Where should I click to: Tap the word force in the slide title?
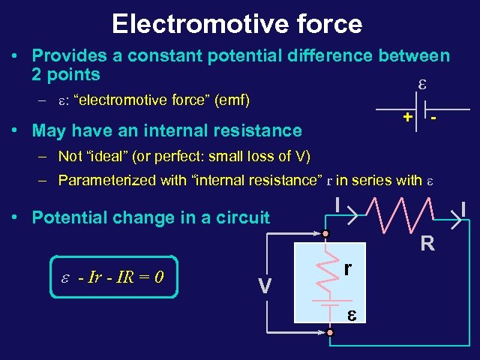tap(325, 23)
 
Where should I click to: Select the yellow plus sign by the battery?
tap(406, 117)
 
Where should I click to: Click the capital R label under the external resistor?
tap(427, 243)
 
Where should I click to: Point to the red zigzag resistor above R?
tap(400, 216)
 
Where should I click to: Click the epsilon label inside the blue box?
tap(351, 314)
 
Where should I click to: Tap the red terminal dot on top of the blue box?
tap(327, 235)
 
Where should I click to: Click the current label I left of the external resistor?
tap(339, 203)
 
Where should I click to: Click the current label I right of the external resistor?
tap(463, 208)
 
